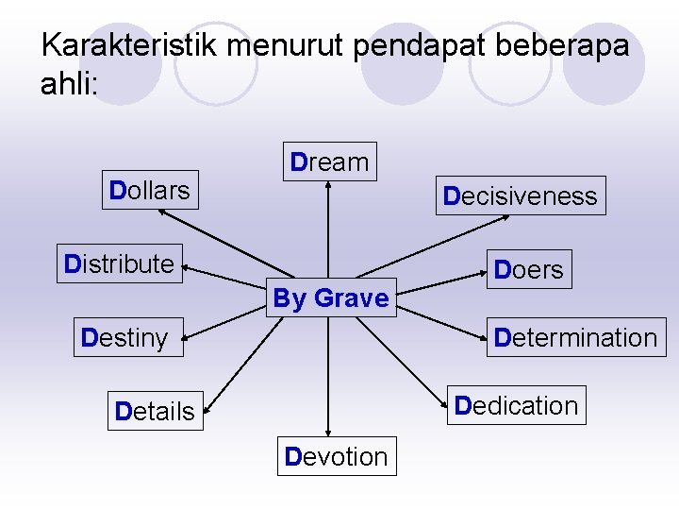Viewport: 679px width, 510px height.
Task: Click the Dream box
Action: point(329,161)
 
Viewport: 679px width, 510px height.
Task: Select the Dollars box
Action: point(149,191)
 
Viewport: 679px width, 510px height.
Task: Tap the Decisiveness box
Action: point(520,196)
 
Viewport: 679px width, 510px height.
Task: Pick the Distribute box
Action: point(119,263)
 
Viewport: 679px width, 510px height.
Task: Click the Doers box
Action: point(528,270)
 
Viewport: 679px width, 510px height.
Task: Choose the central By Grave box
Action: point(330,298)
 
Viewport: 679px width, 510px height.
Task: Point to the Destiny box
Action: point(124,338)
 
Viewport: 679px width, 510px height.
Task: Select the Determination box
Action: point(574,338)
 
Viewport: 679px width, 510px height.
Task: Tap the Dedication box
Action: point(516,405)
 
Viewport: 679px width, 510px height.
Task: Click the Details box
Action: point(155,412)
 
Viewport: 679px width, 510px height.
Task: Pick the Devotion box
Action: point(336,457)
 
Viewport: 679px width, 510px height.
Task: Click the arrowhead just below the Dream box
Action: point(328,185)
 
